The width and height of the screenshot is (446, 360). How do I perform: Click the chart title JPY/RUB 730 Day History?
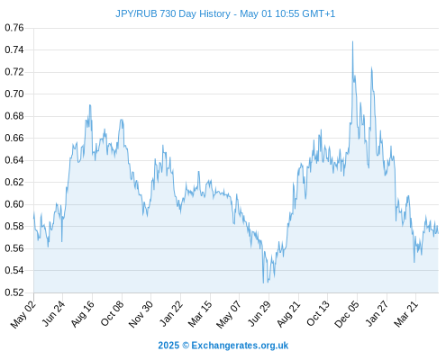(173, 13)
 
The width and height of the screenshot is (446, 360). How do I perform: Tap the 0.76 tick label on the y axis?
(14, 28)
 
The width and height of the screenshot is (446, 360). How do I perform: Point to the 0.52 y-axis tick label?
(14, 292)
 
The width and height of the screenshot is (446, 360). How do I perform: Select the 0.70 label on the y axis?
(14, 94)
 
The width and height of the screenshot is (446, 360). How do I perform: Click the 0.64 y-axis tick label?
(14, 160)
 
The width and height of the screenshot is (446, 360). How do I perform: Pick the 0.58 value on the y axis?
(14, 226)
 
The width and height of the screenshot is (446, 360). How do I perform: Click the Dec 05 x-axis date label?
(347, 314)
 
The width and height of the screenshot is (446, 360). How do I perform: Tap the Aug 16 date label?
(83, 313)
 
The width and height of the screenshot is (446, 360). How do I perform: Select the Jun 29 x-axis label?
(259, 313)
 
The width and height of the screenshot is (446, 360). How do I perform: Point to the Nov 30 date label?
(141, 314)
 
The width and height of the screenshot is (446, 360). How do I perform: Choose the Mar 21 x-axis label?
(406, 314)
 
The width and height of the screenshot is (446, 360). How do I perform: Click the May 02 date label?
(23, 314)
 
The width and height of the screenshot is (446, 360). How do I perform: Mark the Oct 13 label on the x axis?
(318, 313)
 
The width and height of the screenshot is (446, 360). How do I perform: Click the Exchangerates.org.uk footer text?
(240, 346)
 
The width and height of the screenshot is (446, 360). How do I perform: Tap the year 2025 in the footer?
(168, 346)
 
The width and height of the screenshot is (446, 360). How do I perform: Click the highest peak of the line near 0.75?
(352, 41)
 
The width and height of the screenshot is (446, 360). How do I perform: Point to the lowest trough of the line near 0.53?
(263, 283)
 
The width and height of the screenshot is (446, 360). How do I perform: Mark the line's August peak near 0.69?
(90, 105)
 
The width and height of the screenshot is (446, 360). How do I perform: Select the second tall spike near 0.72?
(371, 67)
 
